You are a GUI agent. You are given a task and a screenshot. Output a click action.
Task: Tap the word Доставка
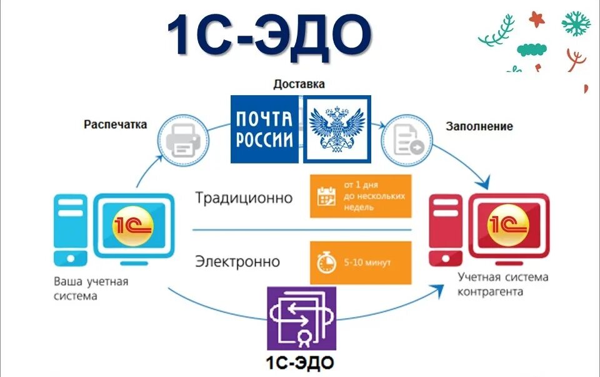click(x=299, y=84)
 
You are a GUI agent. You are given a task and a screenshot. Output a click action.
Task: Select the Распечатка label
click(x=116, y=125)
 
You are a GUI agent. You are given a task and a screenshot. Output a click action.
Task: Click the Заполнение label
click(x=479, y=126)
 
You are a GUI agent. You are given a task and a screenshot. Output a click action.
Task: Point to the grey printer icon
click(x=182, y=142)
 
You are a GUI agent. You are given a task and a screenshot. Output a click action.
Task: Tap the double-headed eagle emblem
click(x=337, y=129)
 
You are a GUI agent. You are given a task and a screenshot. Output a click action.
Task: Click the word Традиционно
click(x=244, y=198)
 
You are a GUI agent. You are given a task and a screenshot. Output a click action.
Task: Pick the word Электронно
click(x=237, y=261)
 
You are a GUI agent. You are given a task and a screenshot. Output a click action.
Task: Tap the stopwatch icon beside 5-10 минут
click(x=326, y=262)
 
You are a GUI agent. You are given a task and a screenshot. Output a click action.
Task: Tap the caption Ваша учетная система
click(x=91, y=288)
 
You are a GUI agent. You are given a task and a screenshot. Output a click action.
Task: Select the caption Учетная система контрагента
click(x=503, y=284)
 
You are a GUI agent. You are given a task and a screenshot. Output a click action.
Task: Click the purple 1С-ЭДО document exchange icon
click(x=301, y=319)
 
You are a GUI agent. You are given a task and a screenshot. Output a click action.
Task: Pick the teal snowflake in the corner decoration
click(x=576, y=24)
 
